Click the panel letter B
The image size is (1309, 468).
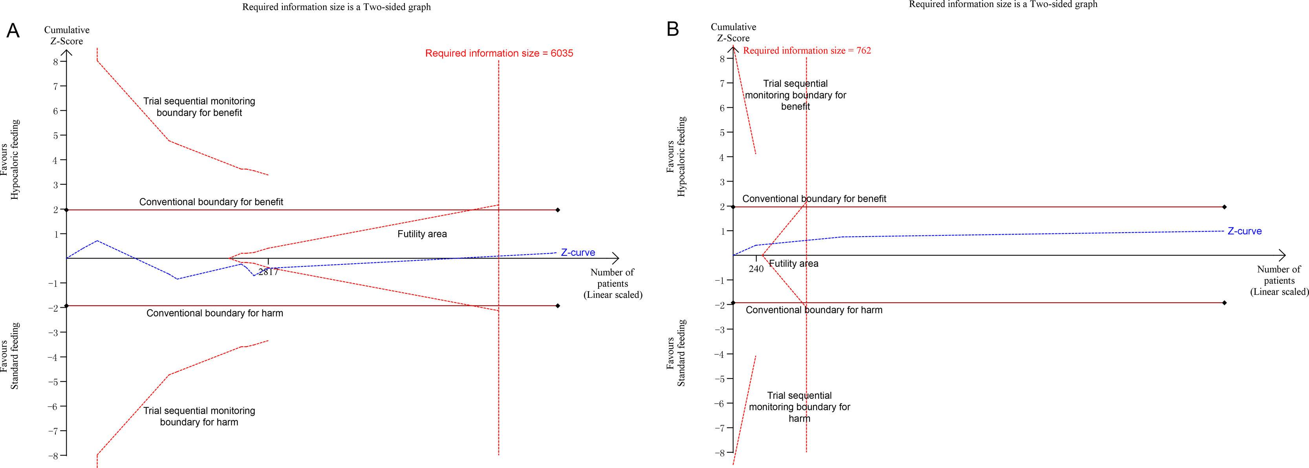673,29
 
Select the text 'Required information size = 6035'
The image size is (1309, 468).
499,53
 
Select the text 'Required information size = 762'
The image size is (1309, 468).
807,50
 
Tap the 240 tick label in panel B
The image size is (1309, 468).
756,269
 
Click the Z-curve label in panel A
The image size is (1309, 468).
578,252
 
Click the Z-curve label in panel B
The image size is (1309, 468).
1245,231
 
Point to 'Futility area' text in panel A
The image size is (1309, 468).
422,234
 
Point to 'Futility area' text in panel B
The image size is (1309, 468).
793,264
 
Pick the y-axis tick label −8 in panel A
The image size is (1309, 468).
53,455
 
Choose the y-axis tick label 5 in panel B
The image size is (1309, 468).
723,132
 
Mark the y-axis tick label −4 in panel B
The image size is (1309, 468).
719,354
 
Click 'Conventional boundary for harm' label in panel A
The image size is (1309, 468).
214,313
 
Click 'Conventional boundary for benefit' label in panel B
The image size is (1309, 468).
814,198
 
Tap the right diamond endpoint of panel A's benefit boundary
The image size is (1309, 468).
558,209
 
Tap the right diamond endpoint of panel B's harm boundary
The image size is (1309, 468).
1225,303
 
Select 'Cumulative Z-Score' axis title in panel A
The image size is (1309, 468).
66,36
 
